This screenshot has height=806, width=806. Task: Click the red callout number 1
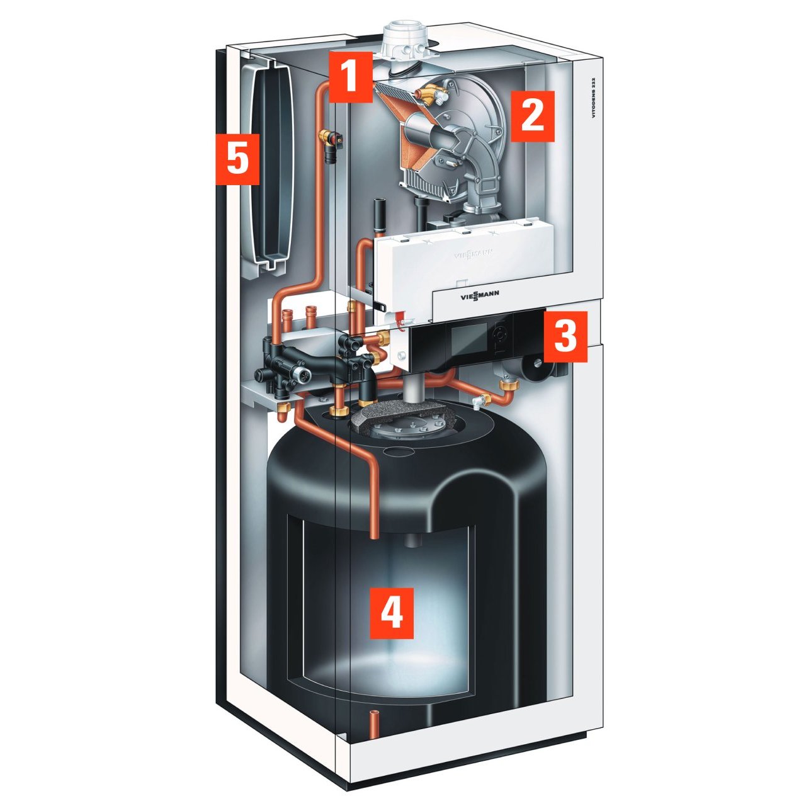[350, 77]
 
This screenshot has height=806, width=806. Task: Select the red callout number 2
[532, 116]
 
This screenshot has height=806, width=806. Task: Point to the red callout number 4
[392, 613]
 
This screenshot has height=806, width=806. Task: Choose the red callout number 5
[237, 159]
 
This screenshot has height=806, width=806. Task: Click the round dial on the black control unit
[499, 335]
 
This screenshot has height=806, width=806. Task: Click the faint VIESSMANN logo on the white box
[474, 254]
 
